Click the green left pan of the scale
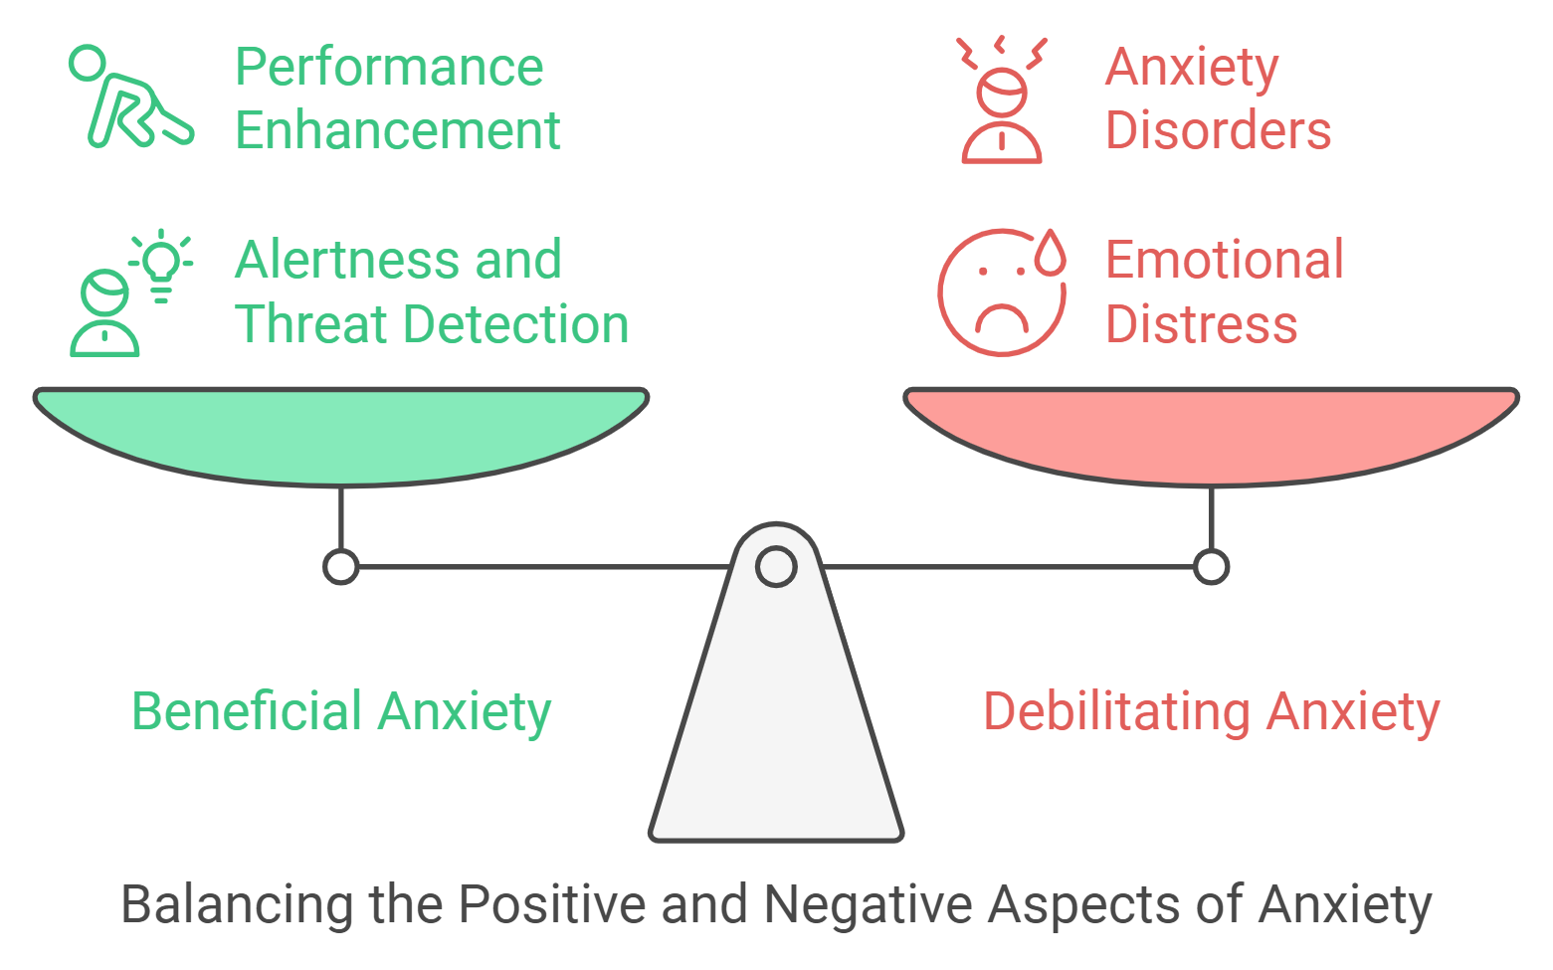(341, 433)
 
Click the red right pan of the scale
(1211, 433)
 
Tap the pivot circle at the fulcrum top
(776, 567)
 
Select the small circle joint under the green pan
(341, 567)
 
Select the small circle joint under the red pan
(1211, 567)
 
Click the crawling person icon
(129, 99)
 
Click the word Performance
(389, 68)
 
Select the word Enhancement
(398, 131)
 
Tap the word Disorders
(1218, 131)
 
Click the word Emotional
(1225, 261)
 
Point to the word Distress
(1202, 325)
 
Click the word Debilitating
(1116, 712)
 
